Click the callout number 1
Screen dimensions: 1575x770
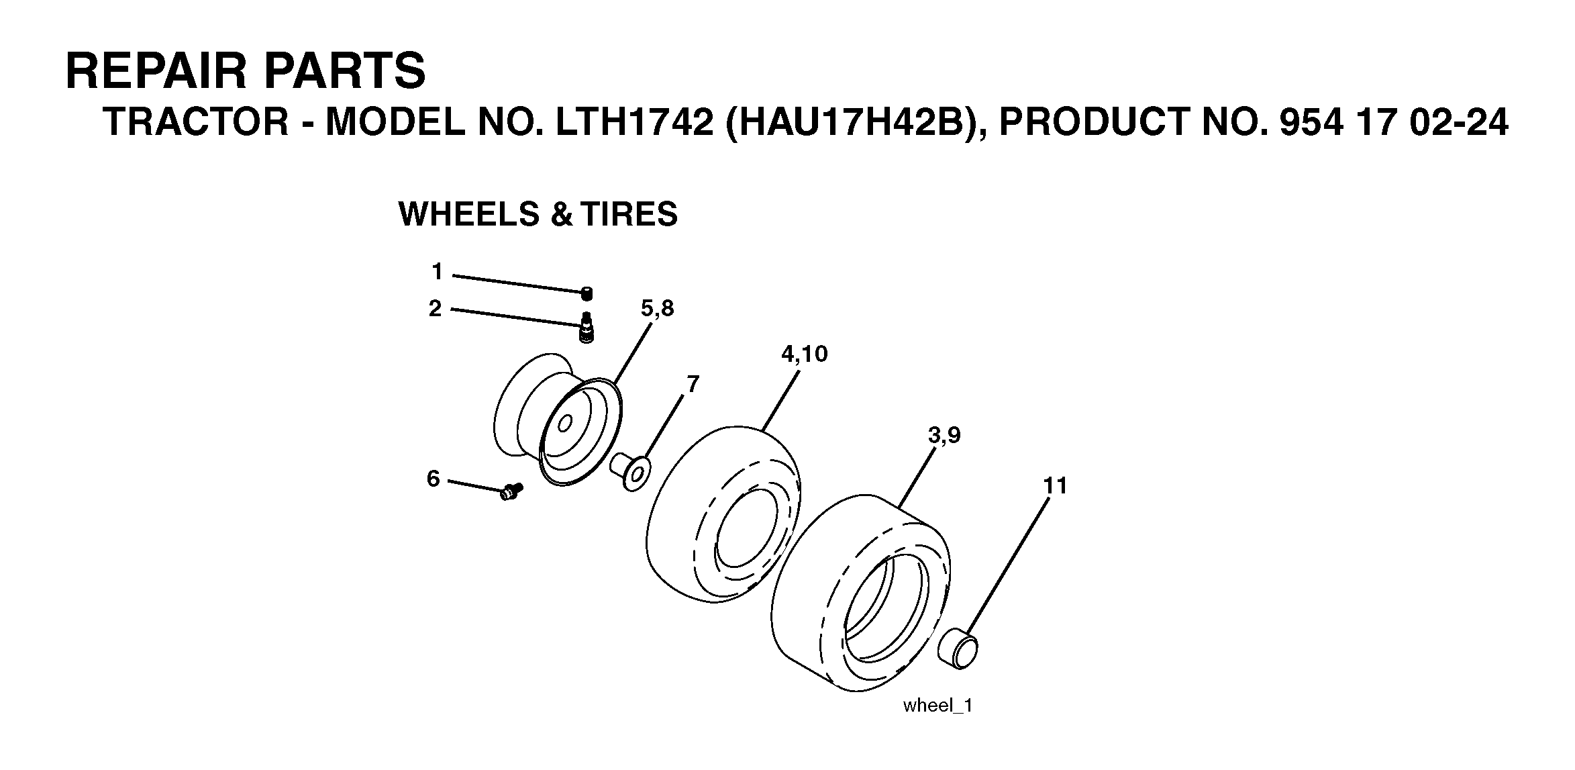coord(438,272)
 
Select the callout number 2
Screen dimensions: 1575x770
coord(436,309)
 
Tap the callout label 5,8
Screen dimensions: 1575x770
coord(657,309)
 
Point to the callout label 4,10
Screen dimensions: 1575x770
coord(804,354)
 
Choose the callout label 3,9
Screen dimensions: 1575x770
coord(944,436)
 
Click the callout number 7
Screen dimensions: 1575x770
coord(693,384)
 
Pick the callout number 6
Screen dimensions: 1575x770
coord(434,479)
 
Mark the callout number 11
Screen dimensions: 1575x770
coord(1055,485)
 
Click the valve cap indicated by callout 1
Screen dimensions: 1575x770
coord(587,293)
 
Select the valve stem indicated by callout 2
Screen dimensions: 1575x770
coord(587,329)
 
